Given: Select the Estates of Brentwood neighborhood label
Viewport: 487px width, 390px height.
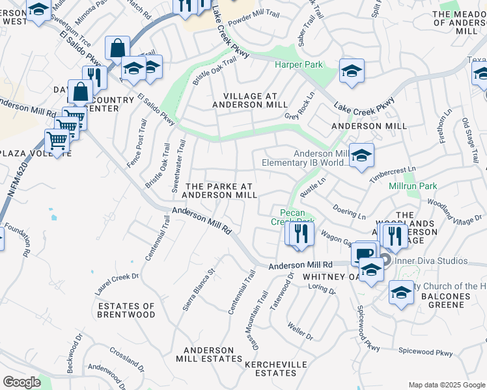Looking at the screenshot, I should [x=126, y=310].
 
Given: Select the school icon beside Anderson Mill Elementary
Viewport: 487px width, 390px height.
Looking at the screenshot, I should [x=361, y=155].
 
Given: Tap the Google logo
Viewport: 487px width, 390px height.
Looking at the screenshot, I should [x=21, y=382].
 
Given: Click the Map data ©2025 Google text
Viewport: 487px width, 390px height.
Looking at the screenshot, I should [x=446, y=385].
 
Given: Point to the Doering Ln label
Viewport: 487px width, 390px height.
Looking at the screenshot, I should [x=350, y=213].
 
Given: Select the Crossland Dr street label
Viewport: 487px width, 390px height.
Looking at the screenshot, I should [x=127, y=358].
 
